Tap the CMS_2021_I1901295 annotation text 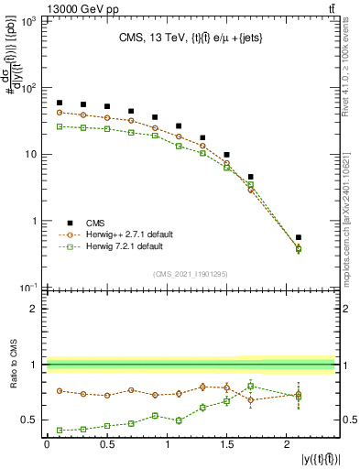(190, 274)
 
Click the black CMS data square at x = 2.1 (299, 237)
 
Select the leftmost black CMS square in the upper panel (60, 103)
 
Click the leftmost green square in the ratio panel (60, 430)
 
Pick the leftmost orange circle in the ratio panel (60, 390)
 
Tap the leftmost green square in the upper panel (60, 126)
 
